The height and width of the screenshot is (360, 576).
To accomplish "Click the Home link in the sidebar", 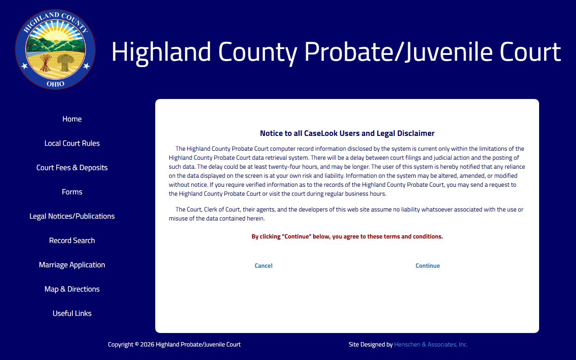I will pos(72,119).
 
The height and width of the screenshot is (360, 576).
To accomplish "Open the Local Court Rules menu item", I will pos(72,144).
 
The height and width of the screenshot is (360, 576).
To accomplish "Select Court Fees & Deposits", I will pos(72,168).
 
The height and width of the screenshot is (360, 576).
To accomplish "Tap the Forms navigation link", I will pos(72,192).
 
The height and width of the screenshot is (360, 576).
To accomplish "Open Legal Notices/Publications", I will pos(72,216).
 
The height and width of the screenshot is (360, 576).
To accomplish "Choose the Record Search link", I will pos(72,241).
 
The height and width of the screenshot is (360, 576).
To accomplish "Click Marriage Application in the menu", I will pos(72,265).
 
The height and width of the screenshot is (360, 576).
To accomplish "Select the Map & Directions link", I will pos(72,289).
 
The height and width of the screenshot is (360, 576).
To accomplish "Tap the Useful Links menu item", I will pos(72,314).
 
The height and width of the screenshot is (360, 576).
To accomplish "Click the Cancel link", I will pos(263,266).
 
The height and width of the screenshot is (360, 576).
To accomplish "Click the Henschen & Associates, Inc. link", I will pos(431,345).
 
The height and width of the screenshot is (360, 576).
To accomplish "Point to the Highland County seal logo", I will pos(55,49).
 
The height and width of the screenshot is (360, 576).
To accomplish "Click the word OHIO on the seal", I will pos(55,84).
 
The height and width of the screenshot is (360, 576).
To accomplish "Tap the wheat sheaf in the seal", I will pos(66,62).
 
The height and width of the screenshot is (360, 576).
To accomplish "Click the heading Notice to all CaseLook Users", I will pos(347,134).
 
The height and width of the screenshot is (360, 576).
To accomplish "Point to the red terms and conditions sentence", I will pos(347,237).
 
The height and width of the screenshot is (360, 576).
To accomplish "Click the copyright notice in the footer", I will pos(174,345).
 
